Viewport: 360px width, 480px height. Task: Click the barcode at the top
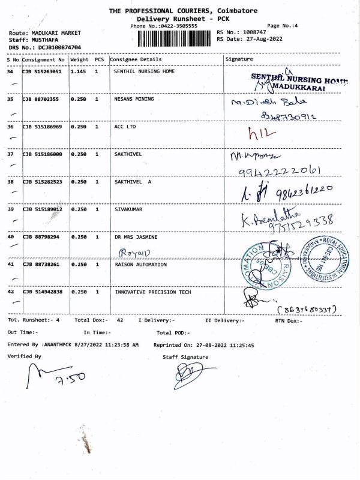[175, 38]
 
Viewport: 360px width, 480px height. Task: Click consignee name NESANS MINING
[134, 99]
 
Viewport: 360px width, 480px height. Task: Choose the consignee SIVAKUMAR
[128, 209]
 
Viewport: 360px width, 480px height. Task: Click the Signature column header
[239, 59]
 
